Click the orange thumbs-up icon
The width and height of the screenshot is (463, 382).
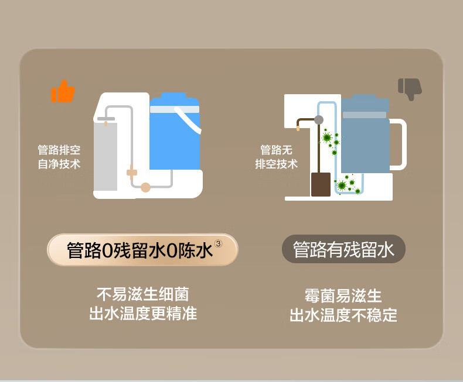click(x=63, y=91)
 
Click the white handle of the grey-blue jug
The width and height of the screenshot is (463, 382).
click(x=399, y=144)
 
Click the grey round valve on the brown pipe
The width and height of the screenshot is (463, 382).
click(x=319, y=120)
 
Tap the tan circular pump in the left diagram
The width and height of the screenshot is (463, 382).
click(x=145, y=187)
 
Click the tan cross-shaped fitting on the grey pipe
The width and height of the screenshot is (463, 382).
click(x=132, y=173)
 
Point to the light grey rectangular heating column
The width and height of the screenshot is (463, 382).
click(x=105, y=157)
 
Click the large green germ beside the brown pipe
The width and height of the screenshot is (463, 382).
click(x=327, y=138)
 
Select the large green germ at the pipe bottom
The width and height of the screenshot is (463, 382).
click(x=342, y=185)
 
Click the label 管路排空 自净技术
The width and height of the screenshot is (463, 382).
click(x=59, y=157)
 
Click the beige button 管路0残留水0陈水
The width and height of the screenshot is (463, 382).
click(x=142, y=250)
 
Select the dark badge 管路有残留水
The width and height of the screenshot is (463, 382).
click(x=343, y=250)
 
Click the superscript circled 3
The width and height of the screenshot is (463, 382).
click(x=219, y=243)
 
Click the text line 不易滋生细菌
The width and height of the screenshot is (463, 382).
click(x=142, y=294)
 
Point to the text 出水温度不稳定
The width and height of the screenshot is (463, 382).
click(x=343, y=316)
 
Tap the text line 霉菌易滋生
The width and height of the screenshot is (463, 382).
click(x=343, y=295)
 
